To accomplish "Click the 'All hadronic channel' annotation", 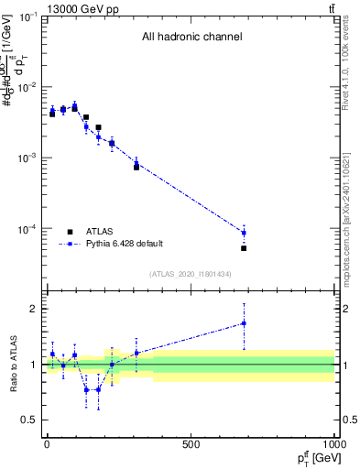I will pos(191,38).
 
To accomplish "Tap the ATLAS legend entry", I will pos(101,231).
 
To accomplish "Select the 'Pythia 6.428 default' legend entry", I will pos(125,244).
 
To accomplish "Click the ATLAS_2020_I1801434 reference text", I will pos(191,274).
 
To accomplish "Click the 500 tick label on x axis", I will pos(191,444).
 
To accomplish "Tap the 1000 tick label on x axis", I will pos(333,444).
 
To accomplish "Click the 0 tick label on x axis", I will pos(47,444).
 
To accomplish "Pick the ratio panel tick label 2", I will pos(33,310).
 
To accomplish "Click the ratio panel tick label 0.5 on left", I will pos(29,420).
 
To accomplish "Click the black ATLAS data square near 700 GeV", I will pos(244,248).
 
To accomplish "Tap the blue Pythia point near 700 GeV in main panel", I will pos(244,232).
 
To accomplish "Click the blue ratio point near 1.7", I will pos(244,323).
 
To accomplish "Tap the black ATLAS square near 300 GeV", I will pos(136,167).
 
